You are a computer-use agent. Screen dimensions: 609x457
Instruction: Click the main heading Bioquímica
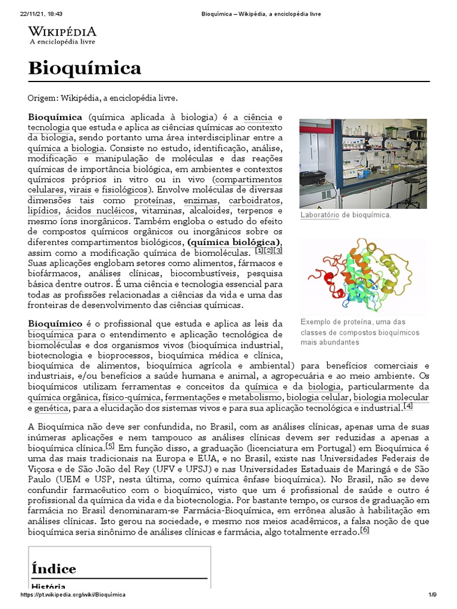84,68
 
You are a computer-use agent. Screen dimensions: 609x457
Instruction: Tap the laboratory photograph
362,164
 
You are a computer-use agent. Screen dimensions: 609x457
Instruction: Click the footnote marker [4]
408,407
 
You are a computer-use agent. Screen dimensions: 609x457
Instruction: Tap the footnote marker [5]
110,446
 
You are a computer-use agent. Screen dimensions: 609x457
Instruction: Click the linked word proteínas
149,201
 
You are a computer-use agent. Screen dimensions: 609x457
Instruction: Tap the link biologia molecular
391,397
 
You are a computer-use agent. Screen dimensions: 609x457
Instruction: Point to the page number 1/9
433,595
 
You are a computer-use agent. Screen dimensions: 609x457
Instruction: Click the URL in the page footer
73,595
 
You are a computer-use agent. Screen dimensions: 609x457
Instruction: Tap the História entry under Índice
48,586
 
